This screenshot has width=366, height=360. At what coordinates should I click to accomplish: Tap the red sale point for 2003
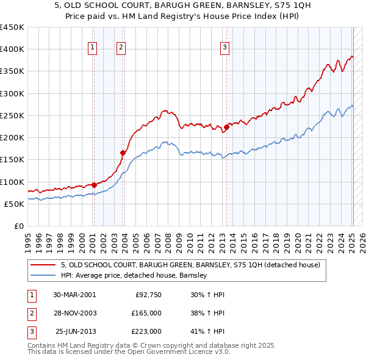(123, 153)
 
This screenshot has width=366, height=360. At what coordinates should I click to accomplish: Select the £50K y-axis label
(15, 204)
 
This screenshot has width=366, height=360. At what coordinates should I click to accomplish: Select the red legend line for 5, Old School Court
(43, 265)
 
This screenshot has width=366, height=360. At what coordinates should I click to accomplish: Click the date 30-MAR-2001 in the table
(74, 295)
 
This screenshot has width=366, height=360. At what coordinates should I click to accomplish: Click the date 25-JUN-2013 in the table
(74, 331)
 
